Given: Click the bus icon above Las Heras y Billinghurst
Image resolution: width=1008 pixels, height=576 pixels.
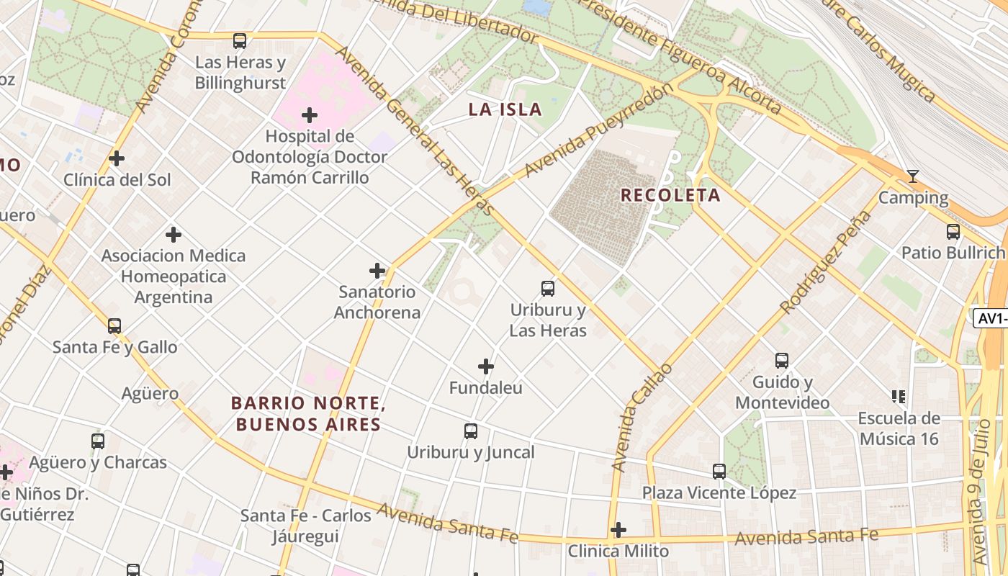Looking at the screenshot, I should pyautogui.click(x=240, y=41).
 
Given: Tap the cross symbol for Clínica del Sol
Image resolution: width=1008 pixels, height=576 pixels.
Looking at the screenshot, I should pyautogui.click(x=117, y=158).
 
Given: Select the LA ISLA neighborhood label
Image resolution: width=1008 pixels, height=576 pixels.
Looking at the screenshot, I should pyautogui.click(x=505, y=109).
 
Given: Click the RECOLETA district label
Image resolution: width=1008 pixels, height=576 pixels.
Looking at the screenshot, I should pyautogui.click(x=670, y=195).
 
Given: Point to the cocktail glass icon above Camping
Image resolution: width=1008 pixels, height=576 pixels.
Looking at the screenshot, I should pyautogui.click(x=913, y=176).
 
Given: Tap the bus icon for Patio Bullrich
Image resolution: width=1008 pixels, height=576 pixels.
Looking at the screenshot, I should pyautogui.click(x=953, y=232).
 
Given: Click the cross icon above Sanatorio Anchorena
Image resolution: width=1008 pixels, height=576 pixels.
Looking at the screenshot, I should pyautogui.click(x=377, y=271).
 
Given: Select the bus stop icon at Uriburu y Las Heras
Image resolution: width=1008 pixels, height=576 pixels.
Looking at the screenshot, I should pyautogui.click(x=548, y=289).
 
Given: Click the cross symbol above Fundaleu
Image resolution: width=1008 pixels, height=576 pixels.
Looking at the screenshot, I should pyautogui.click(x=486, y=366).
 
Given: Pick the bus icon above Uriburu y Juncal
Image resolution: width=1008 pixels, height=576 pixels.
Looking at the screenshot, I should pyautogui.click(x=471, y=431).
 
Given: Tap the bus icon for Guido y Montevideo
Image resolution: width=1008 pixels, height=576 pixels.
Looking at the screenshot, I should pyautogui.click(x=782, y=361).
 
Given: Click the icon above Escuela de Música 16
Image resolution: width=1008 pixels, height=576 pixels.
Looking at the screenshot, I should pyautogui.click(x=899, y=396).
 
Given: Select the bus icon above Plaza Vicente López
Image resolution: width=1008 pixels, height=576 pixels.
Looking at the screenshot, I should pyautogui.click(x=719, y=472).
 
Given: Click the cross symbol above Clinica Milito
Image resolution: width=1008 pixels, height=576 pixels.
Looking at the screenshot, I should pyautogui.click(x=618, y=531).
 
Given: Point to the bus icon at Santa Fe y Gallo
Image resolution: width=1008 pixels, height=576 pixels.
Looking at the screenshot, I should pyautogui.click(x=114, y=326).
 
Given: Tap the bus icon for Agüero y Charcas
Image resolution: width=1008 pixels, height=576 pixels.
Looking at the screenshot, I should pyautogui.click(x=98, y=441).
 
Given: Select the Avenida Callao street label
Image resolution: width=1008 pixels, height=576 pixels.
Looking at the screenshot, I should pyautogui.click(x=641, y=418).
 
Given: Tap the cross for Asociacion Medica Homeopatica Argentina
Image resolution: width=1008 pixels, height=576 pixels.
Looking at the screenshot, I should pyautogui.click(x=174, y=235).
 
